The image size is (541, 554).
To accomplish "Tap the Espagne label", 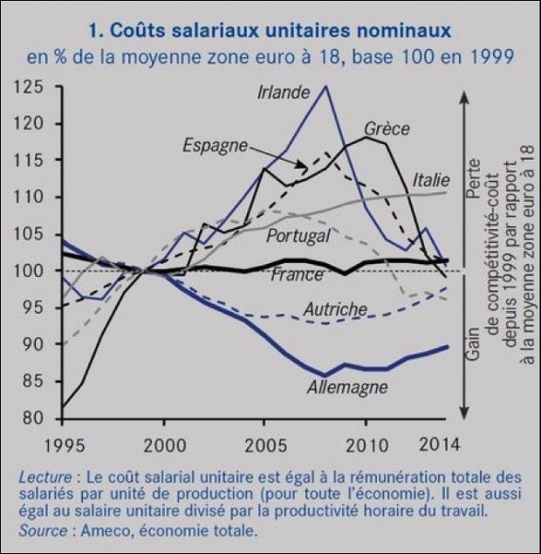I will [x=216, y=145].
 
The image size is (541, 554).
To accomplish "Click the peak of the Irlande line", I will [x=325, y=86].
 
